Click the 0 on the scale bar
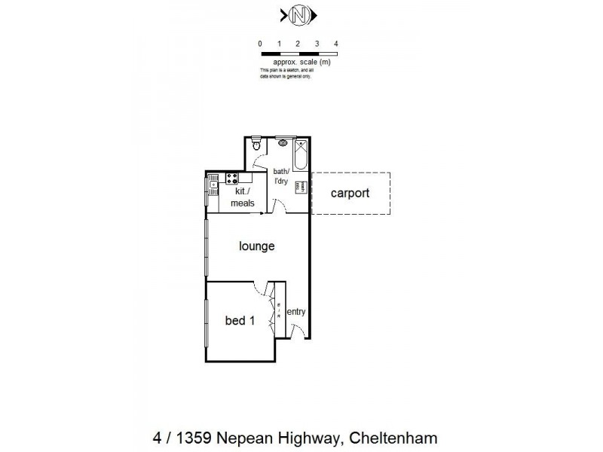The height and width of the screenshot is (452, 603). click(x=260, y=44)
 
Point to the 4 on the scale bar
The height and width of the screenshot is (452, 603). click(x=336, y=44)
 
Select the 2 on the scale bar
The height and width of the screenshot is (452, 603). click(x=298, y=44)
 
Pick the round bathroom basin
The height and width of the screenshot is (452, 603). click(x=283, y=142)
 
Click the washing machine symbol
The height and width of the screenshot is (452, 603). click(x=299, y=187)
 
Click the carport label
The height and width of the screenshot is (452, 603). click(x=350, y=193)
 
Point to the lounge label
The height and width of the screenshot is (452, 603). click(x=256, y=246)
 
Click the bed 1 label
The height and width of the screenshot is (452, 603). click(x=240, y=321)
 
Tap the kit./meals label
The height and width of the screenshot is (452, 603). click(x=242, y=197)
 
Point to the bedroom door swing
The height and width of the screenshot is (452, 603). click(x=262, y=288)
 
